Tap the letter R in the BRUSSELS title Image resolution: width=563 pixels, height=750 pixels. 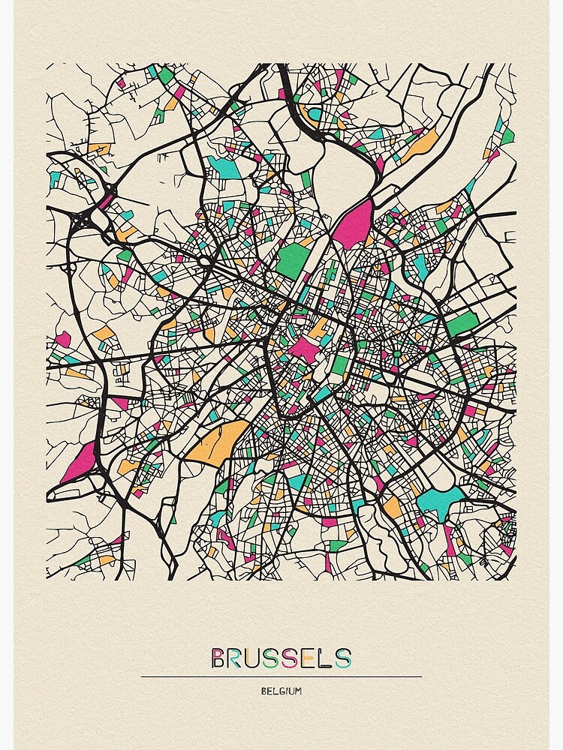[236, 658]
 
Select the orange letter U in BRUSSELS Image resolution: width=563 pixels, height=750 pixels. [253, 658]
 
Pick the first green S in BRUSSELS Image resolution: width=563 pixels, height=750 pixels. [270, 658]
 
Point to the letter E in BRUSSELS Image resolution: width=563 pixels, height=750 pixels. [306, 658]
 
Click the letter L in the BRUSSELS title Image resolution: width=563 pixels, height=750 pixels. [324, 658]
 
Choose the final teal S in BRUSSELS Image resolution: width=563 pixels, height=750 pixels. [342, 658]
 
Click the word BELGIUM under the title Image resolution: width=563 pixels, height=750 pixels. [281, 691]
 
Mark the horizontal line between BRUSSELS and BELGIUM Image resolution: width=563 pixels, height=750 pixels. [281, 676]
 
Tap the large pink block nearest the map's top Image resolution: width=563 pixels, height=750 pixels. [353, 223]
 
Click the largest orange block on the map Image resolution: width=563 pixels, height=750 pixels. [218, 443]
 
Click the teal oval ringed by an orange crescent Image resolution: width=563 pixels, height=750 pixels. [314, 114]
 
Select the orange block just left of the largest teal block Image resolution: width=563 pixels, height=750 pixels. [393, 507]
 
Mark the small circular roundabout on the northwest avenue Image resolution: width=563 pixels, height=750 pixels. [203, 262]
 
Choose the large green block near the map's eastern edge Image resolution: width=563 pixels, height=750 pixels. [462, 324]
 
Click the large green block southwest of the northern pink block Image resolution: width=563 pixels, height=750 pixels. [293, 260]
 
